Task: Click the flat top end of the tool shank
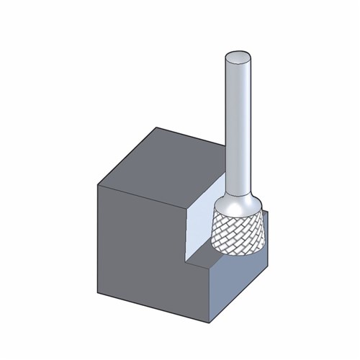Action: tap(238, 58)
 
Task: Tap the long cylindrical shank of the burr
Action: tap(238, 130)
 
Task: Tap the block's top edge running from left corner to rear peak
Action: tap(127, 155)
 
